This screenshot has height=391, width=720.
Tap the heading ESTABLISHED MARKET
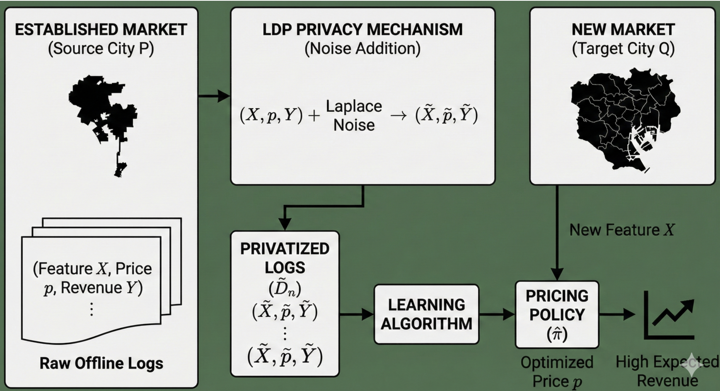101,30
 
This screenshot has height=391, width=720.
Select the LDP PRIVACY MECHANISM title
362,30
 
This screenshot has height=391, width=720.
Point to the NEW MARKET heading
623,30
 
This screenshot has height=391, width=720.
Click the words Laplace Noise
354,116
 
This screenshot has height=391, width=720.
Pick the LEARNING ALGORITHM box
426,314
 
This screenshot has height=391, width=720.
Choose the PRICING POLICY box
557,314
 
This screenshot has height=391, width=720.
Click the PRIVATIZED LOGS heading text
285,258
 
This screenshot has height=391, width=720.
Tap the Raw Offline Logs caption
101,363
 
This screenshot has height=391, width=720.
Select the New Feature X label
622,230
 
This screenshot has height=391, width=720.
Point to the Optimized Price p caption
557,371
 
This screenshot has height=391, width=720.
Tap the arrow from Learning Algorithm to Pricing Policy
497,314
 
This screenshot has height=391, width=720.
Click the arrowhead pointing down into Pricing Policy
557,274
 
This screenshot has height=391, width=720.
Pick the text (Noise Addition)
362,49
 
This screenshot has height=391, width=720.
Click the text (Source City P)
101,49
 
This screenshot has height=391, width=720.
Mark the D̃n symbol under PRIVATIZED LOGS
285,289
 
